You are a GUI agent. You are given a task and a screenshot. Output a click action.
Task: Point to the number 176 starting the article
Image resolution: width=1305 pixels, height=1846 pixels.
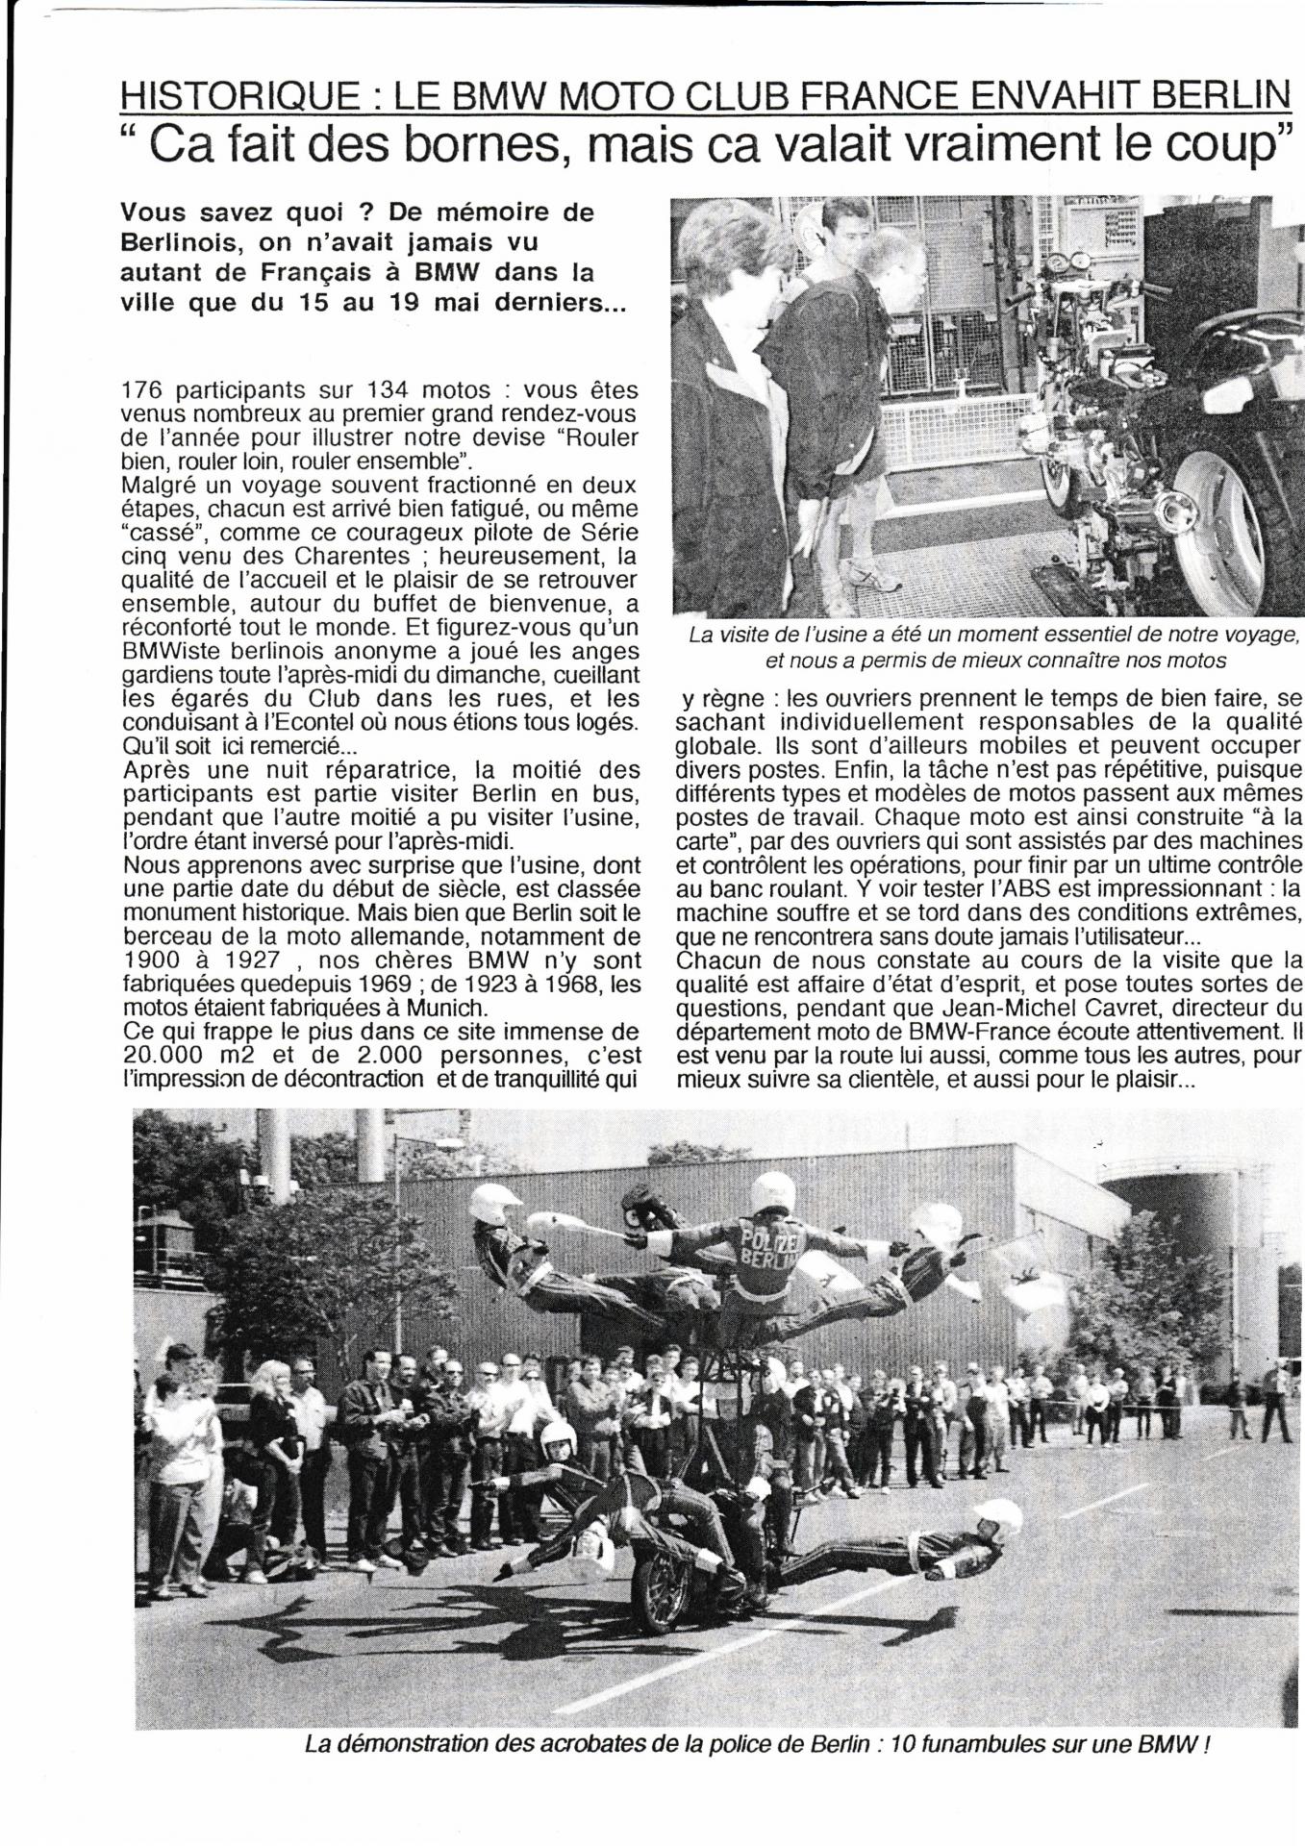click(145, 390)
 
